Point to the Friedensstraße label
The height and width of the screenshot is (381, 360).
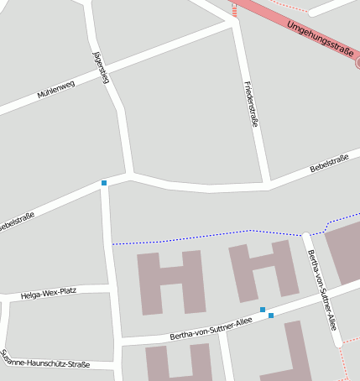(250, 104)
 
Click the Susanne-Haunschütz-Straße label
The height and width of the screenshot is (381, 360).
(45, 359)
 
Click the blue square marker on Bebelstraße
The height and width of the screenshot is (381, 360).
(104, 183)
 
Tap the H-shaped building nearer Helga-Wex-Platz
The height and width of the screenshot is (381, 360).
(171, 282)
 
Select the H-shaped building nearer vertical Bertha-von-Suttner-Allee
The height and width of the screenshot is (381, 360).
(263, 270)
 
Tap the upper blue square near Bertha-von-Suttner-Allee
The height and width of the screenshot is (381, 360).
(263, 310)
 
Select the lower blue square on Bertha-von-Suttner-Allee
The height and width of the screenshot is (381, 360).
(271, 316)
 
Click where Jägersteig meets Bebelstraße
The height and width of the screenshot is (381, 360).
(131, 176)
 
